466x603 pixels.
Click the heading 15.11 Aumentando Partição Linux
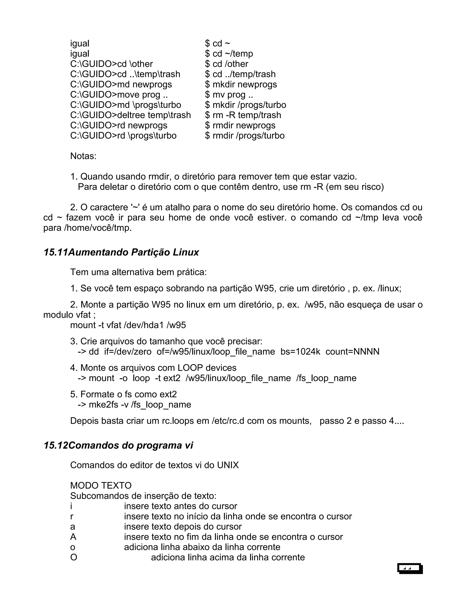click(x=121, y=252)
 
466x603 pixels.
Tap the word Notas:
click(x=83, y=156)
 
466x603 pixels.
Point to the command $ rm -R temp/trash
click(x=243, y=115)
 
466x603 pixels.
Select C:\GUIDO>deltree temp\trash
click(x=130, y=115)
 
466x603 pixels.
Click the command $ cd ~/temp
click(x=229, y=53)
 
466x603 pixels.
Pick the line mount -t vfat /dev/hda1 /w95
click(x=128, y=325)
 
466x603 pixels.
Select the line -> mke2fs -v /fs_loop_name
click(x=134, y=405)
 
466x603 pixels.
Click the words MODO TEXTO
click(x=101, y=486)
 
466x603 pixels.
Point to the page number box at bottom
click(x=410, y=568)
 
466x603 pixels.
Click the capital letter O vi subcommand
click(x=74, y=557)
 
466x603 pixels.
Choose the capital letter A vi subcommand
click(x=73, y=537)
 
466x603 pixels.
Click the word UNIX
click(x=228, y=465)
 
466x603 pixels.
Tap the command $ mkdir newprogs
click(x=241, y=84)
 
